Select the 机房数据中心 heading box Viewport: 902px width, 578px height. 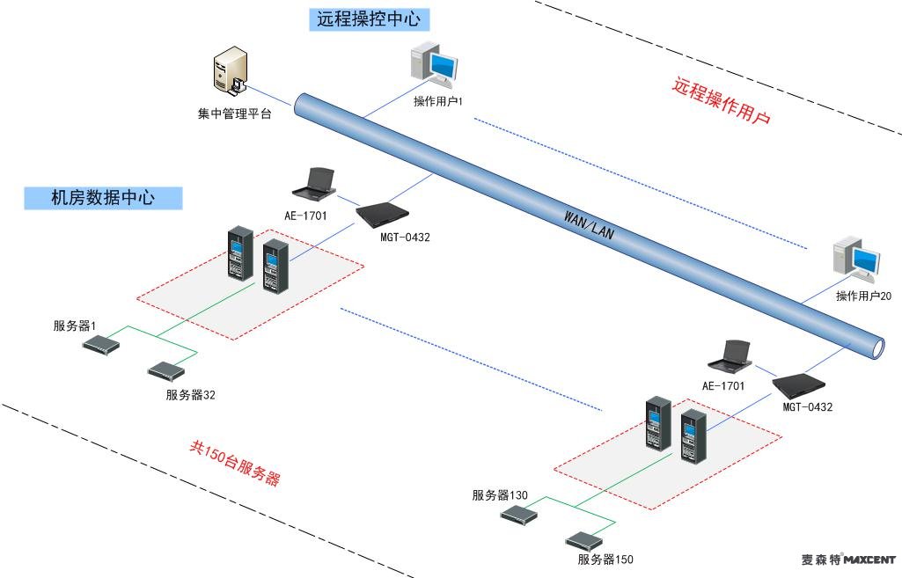pos(103,198)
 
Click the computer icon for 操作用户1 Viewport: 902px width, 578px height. pos(436,68)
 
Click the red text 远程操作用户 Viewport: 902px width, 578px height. pos(721,101)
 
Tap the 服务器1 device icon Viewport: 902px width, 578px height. pos(100,344)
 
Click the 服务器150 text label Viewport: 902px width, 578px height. pos(605,560)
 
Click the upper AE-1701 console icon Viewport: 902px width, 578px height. pos(314,183)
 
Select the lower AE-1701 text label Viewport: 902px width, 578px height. pos(723,386)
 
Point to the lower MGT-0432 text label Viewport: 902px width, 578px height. pos(807,407)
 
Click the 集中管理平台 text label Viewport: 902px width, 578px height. pos(234,113)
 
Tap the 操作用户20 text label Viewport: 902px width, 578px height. pos(863,296)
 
